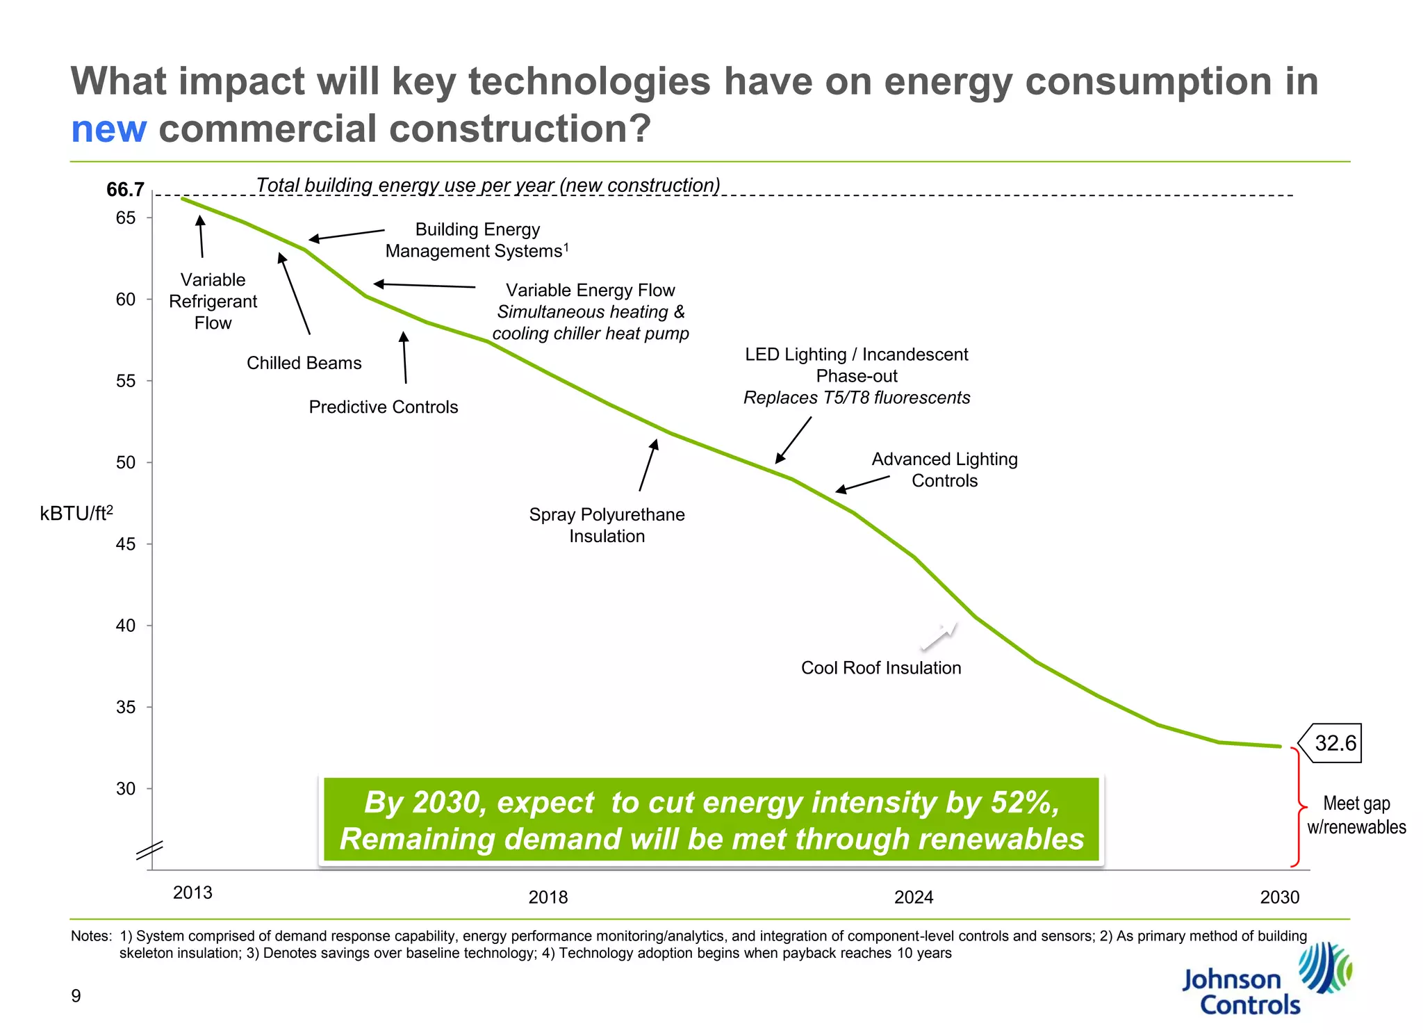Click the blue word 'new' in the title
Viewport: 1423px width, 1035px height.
click(x=108, y=129)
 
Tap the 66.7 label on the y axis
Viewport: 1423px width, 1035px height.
click(x=125, y=189)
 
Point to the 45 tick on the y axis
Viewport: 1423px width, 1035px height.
click(x=126, y=544)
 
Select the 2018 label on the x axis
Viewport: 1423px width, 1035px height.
click(x=548, y=897)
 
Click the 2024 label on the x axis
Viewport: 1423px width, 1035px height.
click(x=913, y=897)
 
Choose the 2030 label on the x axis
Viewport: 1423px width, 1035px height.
click(x=1279, y=897)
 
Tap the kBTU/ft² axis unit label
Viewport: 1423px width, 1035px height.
click(x=76, y=513)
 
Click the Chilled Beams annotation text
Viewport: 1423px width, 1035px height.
click(x=304, y=363)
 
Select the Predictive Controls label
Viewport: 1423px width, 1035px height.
click(x=383, y=407)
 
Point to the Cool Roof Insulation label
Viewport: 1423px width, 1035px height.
click(x=880, y=667)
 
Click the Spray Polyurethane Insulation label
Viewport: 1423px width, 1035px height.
click(x=607, y=525)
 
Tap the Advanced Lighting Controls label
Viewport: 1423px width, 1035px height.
click(x=944, y=470)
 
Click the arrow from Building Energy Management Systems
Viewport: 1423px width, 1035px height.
click(x=346, y=235)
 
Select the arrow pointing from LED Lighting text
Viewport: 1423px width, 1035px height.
click(x=793, y=439)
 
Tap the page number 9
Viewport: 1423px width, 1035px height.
click(x=76, y=995)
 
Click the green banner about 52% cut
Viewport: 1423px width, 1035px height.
click(x=711, y=820)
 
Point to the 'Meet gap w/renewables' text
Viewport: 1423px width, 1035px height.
click(x=1356, y=815)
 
